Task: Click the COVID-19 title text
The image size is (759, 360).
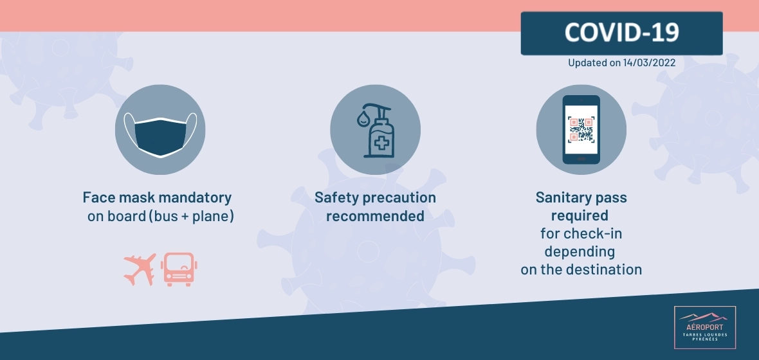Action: pyautogui.click(x=621, y=32)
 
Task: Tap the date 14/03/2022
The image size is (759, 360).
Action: pyautogui.click(x=649, y=63)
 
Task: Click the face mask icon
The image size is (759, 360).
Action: pyautogui.click(x=160, y=134)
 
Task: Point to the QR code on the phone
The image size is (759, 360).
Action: pyautogui.click(x=581, y=129)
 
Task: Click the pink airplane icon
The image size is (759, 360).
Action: pyautogui.click(x=140, y=269)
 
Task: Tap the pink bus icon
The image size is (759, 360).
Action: pyautogui.click(x=179, y=269)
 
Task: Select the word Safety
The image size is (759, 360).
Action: pyautogui.click(x=337, y=198)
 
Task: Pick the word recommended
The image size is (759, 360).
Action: pyautogui.click(x=375, y=216)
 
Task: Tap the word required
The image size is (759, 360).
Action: pyautogui.click(x=580, y=216)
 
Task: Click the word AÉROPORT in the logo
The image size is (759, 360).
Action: pyautogui.click(x=705, y=327)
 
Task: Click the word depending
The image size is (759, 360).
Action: pyautogui.click(x=580, y=252)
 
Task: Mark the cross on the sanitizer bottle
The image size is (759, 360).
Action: pyautogui.click(x=381, y=143)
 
